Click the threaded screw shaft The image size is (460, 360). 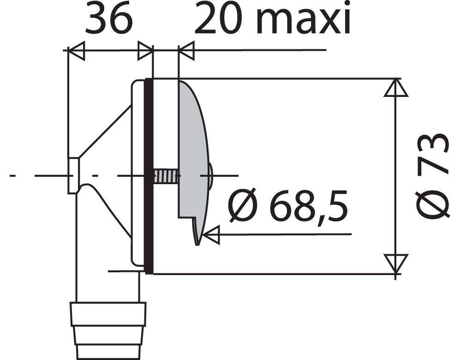166,175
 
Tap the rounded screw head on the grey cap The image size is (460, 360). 211,175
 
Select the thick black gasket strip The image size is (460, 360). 149,176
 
